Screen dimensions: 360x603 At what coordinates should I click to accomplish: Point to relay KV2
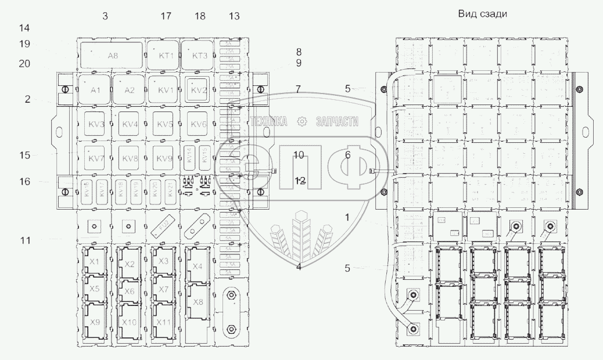(x=198, y=90)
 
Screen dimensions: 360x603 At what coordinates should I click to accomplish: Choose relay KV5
(x=165, y=124)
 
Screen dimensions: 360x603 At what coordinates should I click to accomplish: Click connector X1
(x=95, y=262)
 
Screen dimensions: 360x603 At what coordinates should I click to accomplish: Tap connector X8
(x=198, y=301)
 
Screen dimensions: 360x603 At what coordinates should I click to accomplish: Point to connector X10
(x=129, y=322)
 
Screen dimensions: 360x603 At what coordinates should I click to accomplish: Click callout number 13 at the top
(x=234, y=16)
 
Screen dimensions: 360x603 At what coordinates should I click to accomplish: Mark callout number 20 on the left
(x=24, y=64)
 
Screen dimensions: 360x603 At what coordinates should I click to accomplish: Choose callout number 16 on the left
(x=24, y=182)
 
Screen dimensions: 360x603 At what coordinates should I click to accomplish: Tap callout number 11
(x=24, y=239)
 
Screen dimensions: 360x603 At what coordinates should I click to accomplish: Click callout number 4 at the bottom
(x=299, y=267)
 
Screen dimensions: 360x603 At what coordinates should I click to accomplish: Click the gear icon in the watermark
(x=301, y=121)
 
